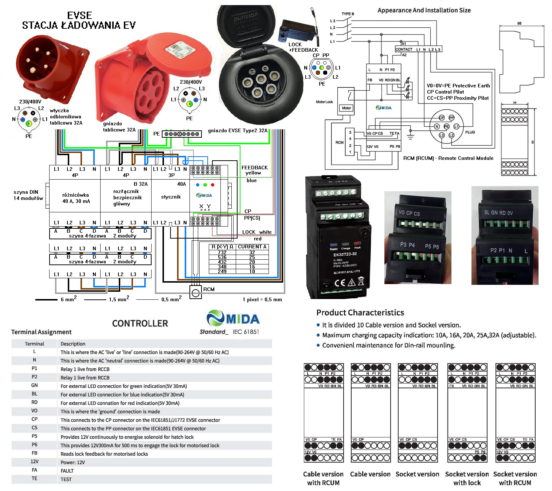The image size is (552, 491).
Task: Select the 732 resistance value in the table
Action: [222, 252]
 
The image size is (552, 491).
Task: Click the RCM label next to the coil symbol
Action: [209, 289]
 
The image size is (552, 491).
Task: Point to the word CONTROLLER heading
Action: [140, 323]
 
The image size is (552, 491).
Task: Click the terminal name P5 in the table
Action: [34, 436]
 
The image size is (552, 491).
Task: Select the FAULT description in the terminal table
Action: [67, 471]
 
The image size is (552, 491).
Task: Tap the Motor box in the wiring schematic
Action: [346, 108]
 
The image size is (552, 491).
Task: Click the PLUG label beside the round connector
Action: [470, 132]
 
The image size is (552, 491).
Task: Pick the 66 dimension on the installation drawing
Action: [519, 23]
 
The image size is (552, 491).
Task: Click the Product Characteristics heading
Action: [360, 313]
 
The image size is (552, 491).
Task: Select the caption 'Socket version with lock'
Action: [467, 478]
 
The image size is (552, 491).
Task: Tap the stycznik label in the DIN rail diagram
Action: [171, 197]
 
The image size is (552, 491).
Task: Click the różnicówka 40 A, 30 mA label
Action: [76, 198]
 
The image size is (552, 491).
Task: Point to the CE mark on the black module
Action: [340, 282]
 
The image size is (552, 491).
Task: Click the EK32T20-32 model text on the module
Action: [345, 254]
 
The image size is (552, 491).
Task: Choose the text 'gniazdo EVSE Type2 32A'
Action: [238, 130]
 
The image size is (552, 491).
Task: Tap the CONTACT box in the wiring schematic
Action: [404, 49]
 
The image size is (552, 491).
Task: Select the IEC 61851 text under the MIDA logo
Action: [246, 332]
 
